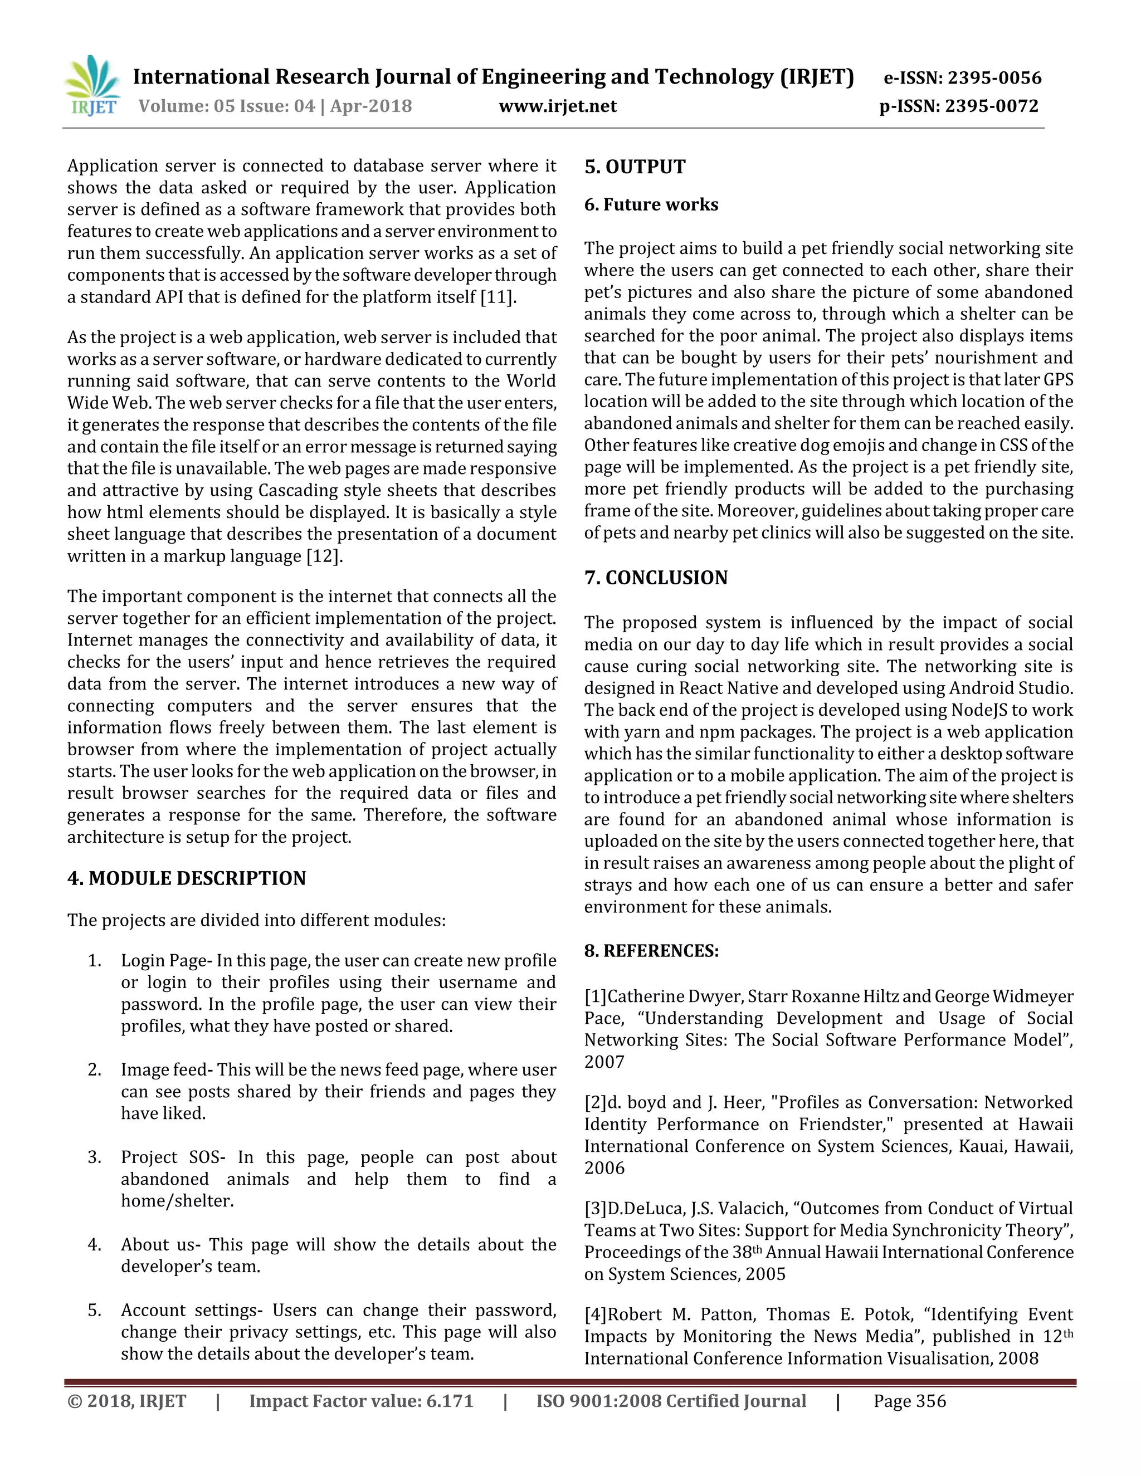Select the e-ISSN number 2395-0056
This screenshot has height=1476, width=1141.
point(994,79)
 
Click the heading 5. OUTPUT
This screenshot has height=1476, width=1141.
point(635,167)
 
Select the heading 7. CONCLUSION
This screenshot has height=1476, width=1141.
point(656,578)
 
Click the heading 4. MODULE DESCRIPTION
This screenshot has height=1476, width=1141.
point(187,878)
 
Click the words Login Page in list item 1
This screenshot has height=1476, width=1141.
point(164,960)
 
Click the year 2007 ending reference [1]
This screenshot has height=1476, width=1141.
point(604,1062)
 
